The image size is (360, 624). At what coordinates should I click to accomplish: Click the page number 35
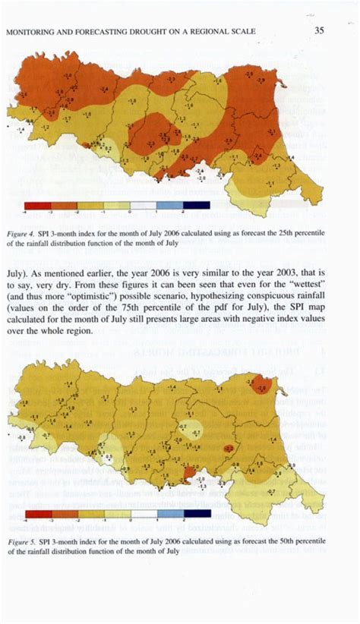click(320, 31)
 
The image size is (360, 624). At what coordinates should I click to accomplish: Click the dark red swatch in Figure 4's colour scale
click(36, 206)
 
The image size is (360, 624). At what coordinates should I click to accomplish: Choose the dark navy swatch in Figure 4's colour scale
click(196, 206)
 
